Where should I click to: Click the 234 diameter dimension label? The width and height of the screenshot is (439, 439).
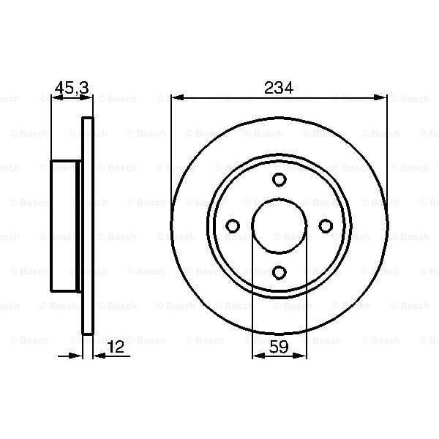point(278,88)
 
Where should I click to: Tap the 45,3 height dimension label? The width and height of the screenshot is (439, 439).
point(72,88)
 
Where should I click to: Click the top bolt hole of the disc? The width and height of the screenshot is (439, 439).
point(279,180)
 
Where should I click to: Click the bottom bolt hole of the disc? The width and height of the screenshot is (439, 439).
point(279,271)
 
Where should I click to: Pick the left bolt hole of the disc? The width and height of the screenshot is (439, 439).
point(233,225)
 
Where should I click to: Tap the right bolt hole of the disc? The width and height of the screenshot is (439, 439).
point(325,225)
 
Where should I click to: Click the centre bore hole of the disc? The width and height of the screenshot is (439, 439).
point(279,225)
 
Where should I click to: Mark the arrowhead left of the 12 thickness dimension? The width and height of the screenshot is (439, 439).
point(77,356)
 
